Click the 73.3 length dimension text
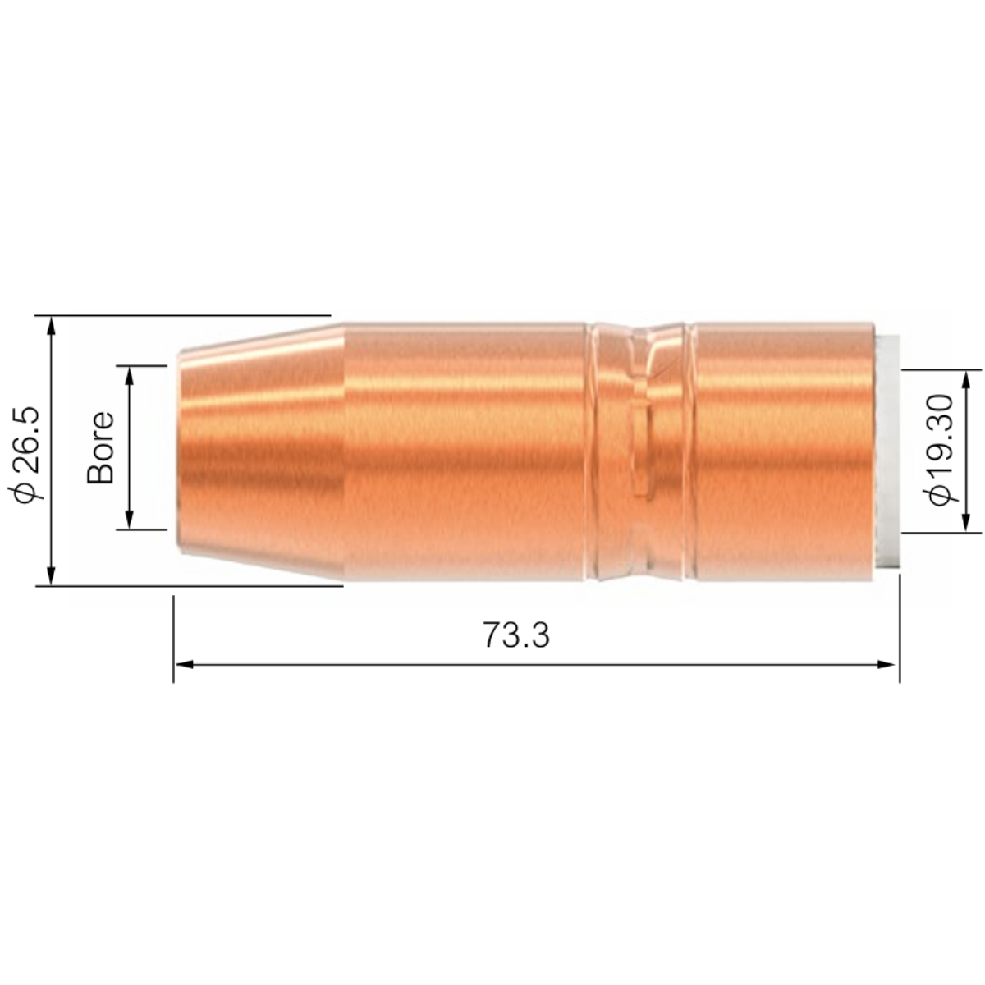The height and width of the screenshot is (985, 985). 515,635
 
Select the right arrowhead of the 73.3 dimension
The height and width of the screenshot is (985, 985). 886,665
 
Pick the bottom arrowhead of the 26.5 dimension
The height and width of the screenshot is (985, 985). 50,575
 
